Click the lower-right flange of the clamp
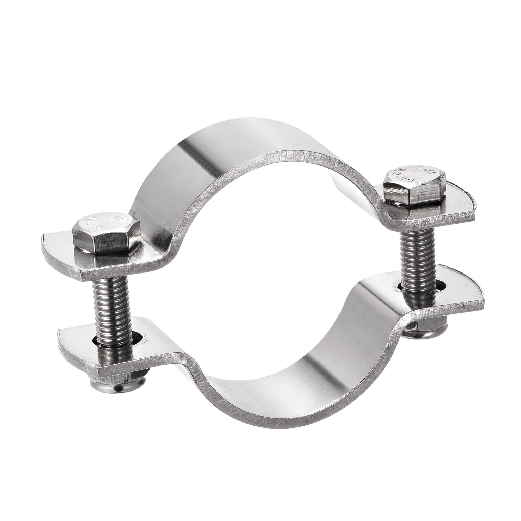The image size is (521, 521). click(x=458, y=302)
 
